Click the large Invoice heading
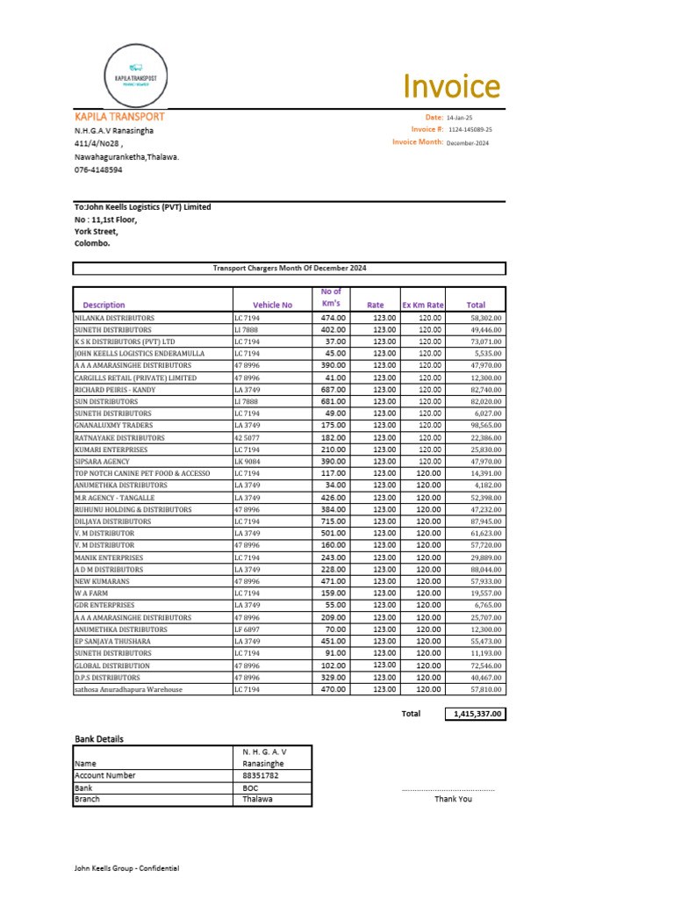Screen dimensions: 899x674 451,87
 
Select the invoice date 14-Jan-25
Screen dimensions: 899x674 460,117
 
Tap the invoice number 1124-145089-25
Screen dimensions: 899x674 470,129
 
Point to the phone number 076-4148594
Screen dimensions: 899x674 98,169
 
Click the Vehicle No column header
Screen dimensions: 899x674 272,305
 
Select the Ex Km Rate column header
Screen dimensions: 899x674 422,305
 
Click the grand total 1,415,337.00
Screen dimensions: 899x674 477,714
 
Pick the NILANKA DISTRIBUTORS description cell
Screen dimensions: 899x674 114,318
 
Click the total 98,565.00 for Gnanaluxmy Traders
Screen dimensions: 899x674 485,425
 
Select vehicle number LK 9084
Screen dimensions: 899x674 247,461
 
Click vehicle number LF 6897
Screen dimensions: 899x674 247,629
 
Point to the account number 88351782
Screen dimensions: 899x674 261,775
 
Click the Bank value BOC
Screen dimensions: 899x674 250,788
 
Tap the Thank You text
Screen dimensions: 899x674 453,799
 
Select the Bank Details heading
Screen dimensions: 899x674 98,738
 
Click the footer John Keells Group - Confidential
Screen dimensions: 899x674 126,868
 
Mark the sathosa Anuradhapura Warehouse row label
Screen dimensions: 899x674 128,689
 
